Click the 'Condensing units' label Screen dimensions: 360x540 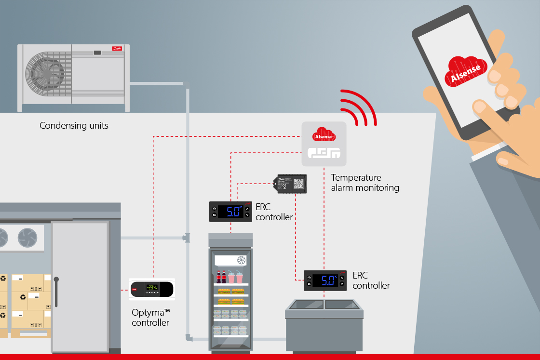(x=74, y=126)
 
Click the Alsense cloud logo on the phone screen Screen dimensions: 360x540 (x=465, y=71)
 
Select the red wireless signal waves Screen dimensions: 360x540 (x=358, y=107)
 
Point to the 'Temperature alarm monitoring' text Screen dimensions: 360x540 (x=364, y=183)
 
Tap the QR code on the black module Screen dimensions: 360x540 (x=299, y=183)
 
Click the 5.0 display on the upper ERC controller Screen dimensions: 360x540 (x=229, y=212)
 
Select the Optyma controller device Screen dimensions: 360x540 (x=151, y=289)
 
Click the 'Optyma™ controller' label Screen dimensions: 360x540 (x=150, y=318)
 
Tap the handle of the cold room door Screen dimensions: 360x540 (x=56, y=292)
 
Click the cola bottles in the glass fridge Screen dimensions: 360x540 (x=221, y=277)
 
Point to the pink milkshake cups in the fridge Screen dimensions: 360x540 (x=235, y=278)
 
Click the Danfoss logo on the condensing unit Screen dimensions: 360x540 (x=117, y=49)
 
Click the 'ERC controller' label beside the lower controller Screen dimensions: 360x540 (x=371, y=280)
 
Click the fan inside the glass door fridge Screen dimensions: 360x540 (x=241, y=261)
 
